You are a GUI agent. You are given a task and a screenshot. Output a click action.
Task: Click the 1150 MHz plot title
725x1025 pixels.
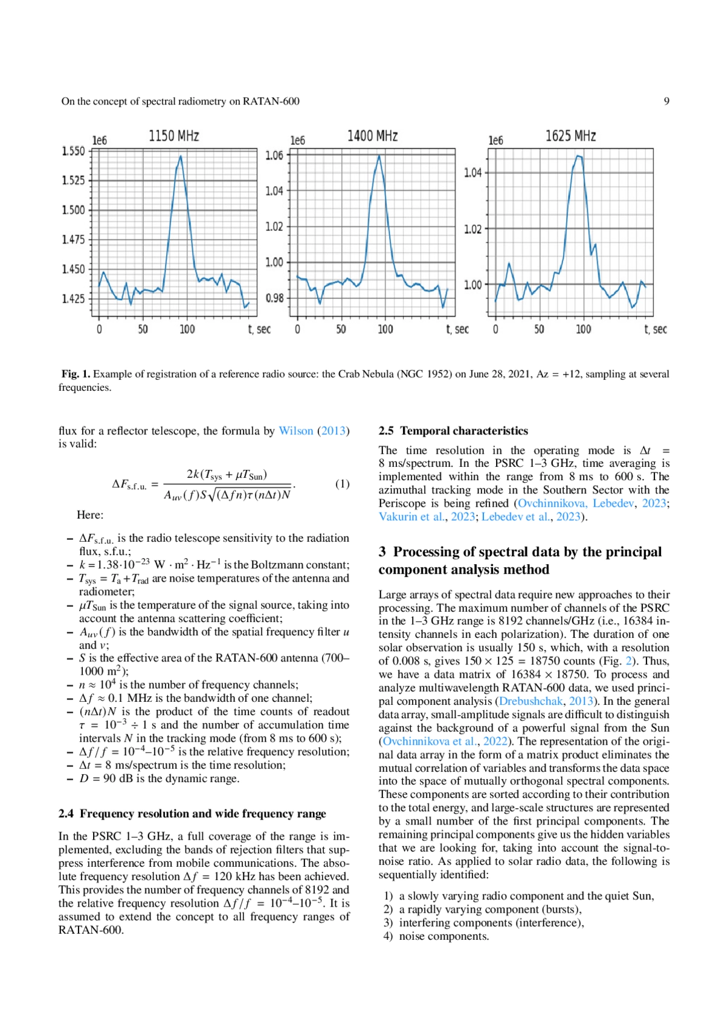coord(174,136)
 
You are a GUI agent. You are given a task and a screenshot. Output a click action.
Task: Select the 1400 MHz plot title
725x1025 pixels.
coord(372,136)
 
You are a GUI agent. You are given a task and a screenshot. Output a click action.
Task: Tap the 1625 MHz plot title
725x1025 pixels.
coord(570,136)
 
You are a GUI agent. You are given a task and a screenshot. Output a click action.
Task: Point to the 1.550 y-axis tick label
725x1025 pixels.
coord(74,151)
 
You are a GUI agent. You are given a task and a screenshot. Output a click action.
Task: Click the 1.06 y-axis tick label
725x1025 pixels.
coord(274,156)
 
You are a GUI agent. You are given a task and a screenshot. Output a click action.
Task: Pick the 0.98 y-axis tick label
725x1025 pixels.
coord(274,298)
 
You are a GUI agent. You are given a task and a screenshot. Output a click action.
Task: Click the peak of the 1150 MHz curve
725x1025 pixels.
coord(180,156)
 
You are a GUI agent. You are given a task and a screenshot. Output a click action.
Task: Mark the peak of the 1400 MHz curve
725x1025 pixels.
coord(379,156)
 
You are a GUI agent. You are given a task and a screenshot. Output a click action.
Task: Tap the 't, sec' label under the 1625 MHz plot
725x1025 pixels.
coord(656,329)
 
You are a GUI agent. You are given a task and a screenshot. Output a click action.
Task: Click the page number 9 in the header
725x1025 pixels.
coord(666,101)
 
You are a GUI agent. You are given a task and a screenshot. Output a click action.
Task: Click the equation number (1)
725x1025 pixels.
coord(342,484)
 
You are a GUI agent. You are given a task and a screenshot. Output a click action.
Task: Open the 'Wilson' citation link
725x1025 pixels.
coord(295,431)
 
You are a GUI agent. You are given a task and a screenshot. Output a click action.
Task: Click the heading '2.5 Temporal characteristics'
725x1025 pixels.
coord(453,431)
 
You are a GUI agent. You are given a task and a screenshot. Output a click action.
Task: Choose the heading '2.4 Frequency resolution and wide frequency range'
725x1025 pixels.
coord(192,814)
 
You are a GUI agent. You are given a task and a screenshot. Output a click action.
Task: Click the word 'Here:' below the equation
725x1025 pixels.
coord(90,515)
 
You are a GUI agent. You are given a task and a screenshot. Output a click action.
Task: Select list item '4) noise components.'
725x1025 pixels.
coord(436,936)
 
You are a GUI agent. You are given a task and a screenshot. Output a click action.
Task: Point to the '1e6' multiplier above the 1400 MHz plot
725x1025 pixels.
coord(298,141)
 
